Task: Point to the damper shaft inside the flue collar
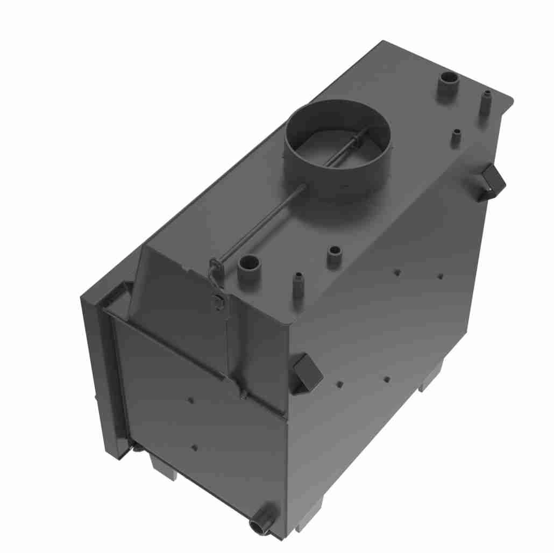(x=344, y=148)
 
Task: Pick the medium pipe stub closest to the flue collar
(x=334, y=255)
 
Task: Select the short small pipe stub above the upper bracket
(x=456, y=137)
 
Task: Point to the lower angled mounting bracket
(x=306, y=372)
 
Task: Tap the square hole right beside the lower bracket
(x=340, y=384)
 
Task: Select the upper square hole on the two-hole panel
(x=191, y=400)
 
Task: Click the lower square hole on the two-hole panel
(x=195, y=447)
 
